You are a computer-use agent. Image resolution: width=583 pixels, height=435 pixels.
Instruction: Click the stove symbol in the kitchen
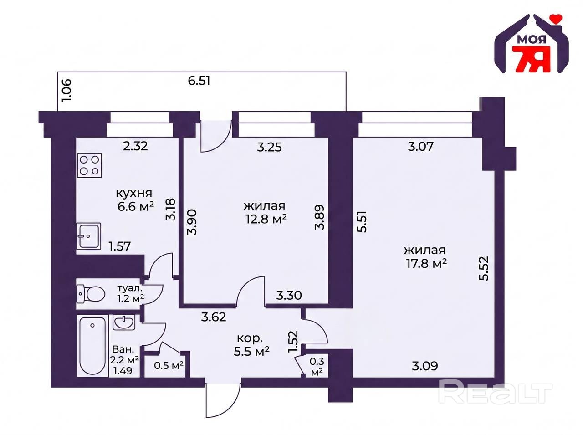coord(89,165)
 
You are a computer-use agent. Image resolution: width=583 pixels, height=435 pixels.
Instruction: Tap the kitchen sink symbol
coord(89,236)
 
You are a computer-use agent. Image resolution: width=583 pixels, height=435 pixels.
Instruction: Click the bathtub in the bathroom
coord(92,346)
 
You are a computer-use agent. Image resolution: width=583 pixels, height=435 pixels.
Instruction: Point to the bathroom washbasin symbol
coord(123,322)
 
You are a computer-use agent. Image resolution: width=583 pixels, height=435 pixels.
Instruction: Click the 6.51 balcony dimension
coord(199,81)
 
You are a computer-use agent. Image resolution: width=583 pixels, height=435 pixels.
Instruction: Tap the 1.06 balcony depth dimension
coord(66,90)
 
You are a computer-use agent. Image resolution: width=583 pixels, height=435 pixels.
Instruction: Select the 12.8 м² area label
coord(266,219)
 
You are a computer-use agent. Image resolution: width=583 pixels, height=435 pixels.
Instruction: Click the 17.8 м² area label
coord(426,264)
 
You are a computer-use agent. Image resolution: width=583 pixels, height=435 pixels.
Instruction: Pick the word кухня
coord(134,194)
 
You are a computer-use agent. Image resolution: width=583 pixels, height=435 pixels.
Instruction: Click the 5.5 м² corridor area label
coord(251,352)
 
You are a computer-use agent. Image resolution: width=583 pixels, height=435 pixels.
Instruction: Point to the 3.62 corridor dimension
coord(214,317)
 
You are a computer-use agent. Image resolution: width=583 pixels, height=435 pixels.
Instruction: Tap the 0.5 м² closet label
coord(169,366)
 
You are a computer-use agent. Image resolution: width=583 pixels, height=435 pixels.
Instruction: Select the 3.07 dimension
coord(421,146)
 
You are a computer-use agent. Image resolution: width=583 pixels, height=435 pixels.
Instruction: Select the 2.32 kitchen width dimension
coord(135,146)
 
